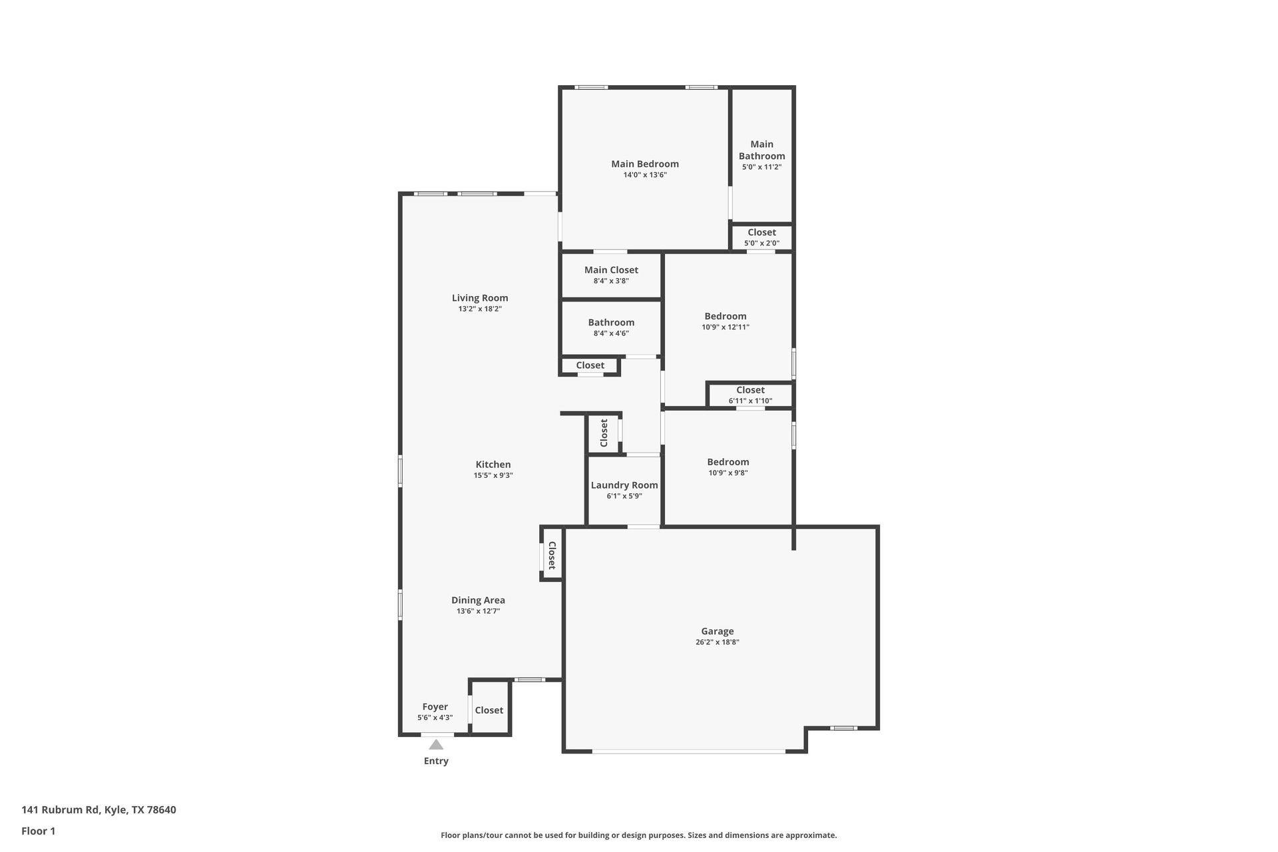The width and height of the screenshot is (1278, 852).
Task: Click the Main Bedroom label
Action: tap(645, 164)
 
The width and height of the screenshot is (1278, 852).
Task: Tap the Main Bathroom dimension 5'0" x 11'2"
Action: tap(761, 167)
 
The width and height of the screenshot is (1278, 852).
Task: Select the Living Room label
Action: tap(480, 298)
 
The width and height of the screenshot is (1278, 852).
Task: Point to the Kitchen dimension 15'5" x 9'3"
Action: tap(493, 475)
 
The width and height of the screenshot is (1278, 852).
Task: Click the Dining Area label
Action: tap(478, 600)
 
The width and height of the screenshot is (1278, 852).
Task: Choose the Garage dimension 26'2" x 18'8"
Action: tap(718, 642)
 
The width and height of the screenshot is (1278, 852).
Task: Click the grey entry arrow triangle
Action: tap(436, 744)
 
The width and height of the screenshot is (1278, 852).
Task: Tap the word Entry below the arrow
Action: tap(436, 761)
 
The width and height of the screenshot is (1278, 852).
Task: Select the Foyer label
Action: tap(435, 707)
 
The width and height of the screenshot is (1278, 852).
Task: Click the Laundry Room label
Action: tap(624, 485)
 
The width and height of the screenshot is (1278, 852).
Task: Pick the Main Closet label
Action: tap(611, 270)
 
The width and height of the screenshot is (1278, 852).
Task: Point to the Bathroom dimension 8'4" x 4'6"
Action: tap(611, 333)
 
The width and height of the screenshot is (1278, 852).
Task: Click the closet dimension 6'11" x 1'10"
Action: tap(750, 401)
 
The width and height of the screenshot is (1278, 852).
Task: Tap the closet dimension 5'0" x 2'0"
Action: tap(761, 243)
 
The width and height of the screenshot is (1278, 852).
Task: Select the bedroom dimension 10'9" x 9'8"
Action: tap(728, 473)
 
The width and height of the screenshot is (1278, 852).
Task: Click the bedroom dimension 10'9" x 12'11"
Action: tap(726, 327)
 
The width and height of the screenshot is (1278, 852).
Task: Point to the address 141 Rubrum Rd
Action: tap(60, 810)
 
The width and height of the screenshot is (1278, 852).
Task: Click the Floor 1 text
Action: tap(39, 831)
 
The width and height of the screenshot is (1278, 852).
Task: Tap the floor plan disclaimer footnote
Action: tap(639, 835)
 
